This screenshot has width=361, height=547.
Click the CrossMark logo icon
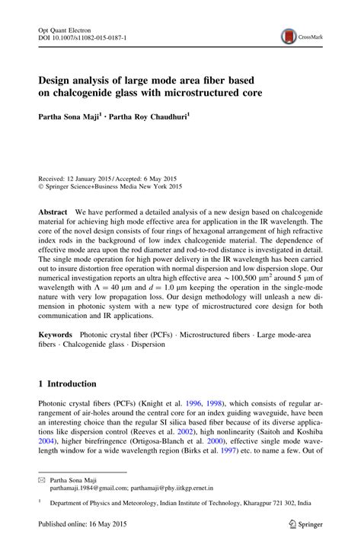click(289, 35)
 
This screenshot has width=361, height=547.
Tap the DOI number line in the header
click(83, 36)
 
